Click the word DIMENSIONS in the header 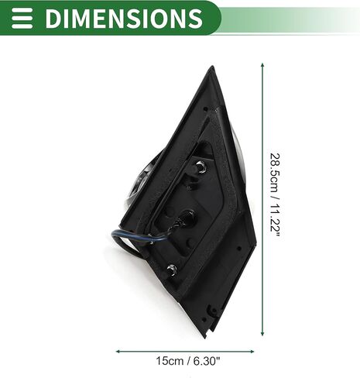(124, 18)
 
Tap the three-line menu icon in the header (22, 18)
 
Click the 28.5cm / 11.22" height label (275, 197)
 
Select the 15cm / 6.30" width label (188, 361)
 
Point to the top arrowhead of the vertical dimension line (262, 65)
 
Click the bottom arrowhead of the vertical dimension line (262, 333)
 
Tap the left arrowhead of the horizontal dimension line (118, 351)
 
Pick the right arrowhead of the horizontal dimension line (252, 351)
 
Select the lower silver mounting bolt (172, 270)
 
